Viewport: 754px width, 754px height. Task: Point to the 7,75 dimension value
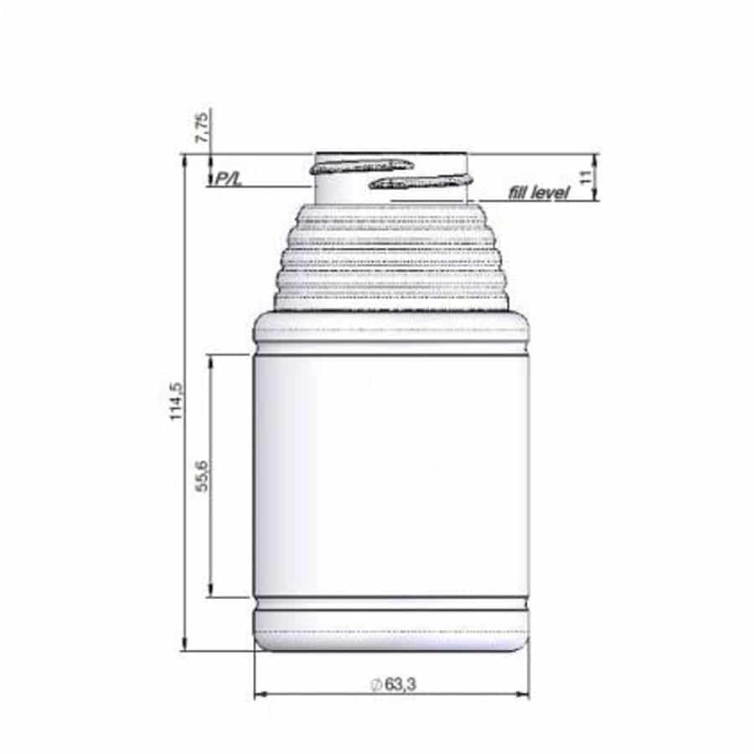tap(202, 127)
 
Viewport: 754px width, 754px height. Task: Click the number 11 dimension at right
tap(586, 177)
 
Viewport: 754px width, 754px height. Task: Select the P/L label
tap(228, 178)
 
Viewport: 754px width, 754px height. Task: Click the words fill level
tap(539, 193)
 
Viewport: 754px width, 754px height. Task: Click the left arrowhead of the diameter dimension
tap(259, 694)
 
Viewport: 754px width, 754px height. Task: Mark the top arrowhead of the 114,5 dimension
tap(184, 160)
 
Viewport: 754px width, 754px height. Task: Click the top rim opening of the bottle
tap(391, 154)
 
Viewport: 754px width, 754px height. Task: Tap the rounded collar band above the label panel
tap(391, 329)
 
